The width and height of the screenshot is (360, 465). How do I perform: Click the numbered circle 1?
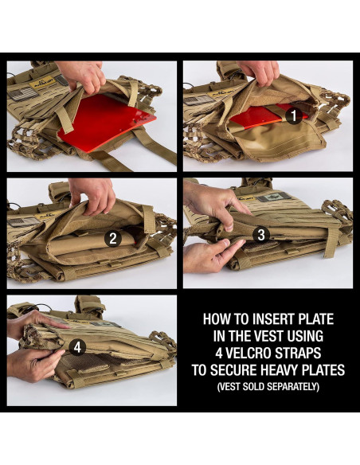tap(292, 115)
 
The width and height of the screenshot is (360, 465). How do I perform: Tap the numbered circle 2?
tap(113, 237)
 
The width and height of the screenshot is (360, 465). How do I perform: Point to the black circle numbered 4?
tap(76, 347)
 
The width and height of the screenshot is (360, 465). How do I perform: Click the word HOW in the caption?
tap(217, 318)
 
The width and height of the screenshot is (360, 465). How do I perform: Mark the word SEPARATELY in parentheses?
tap(293, 387)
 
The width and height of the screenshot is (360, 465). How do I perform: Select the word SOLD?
tap(254, 387)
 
